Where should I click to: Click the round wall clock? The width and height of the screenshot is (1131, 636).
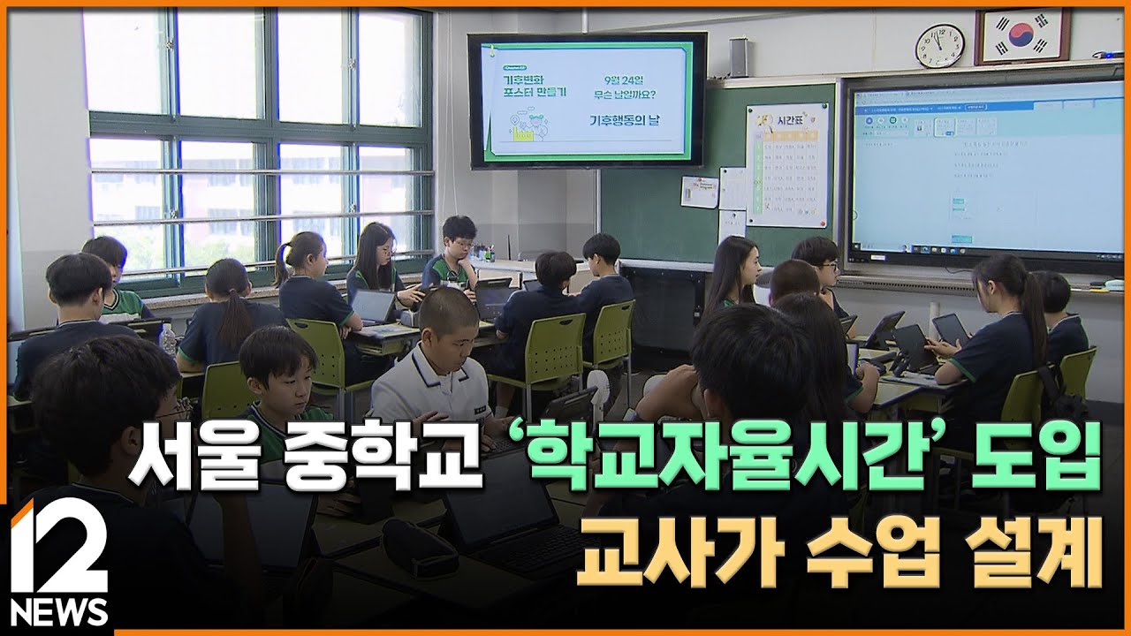point(939,46)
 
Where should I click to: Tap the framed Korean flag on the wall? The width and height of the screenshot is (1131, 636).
point(1021,36)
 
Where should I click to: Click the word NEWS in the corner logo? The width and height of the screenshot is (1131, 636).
point(59,611)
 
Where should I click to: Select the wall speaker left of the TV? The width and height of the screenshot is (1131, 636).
point(738,57)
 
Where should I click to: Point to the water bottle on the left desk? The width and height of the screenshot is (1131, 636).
point(167,339)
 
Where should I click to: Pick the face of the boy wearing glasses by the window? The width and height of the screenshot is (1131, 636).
point(460,240)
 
